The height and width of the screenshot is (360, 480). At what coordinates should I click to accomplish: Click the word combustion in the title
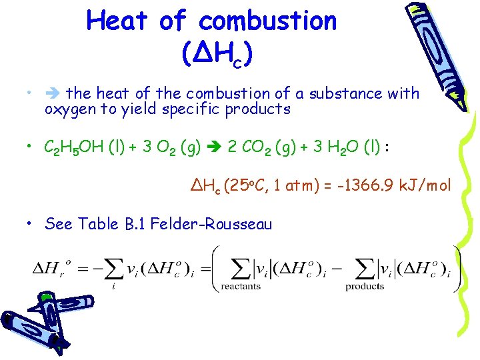267,21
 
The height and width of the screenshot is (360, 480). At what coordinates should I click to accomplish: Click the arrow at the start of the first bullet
52,94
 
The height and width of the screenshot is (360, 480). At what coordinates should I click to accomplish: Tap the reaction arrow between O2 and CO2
215,146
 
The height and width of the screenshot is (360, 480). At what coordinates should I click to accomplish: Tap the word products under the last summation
365,286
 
